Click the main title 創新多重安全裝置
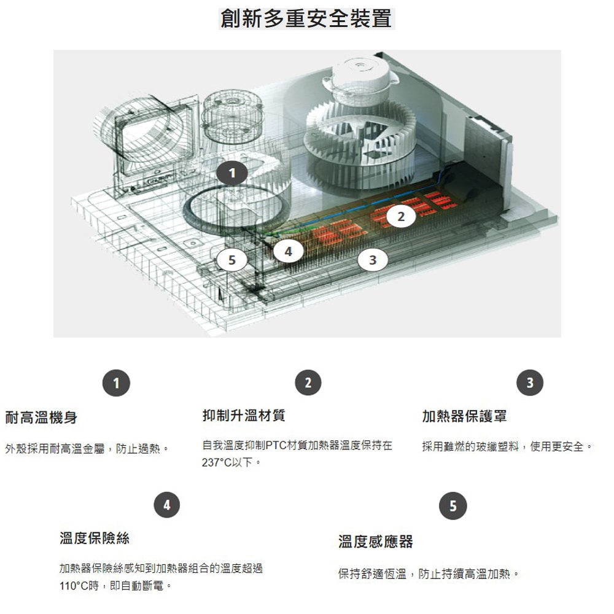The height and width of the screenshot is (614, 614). (306, 18)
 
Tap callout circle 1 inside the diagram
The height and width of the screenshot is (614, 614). (231, 174)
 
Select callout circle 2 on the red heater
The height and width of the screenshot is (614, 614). (402, 216)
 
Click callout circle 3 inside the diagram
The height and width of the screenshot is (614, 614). (373, 260)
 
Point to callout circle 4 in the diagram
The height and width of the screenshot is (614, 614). (287, 251)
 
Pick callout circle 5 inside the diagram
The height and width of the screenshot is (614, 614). (231, 260)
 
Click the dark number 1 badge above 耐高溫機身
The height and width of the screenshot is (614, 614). (116, 383)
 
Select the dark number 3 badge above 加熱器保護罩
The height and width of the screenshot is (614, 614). (530, 383)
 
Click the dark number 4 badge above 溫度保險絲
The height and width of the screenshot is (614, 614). (167, 505)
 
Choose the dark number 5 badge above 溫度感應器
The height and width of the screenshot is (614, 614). (453, 506)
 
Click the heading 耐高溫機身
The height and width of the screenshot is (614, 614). (41, 418)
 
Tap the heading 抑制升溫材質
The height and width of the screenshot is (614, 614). (244, 416)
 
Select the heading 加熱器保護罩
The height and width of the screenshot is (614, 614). (464, 416)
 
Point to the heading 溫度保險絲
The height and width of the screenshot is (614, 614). (95, 538)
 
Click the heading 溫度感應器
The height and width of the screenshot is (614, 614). (376, 541)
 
